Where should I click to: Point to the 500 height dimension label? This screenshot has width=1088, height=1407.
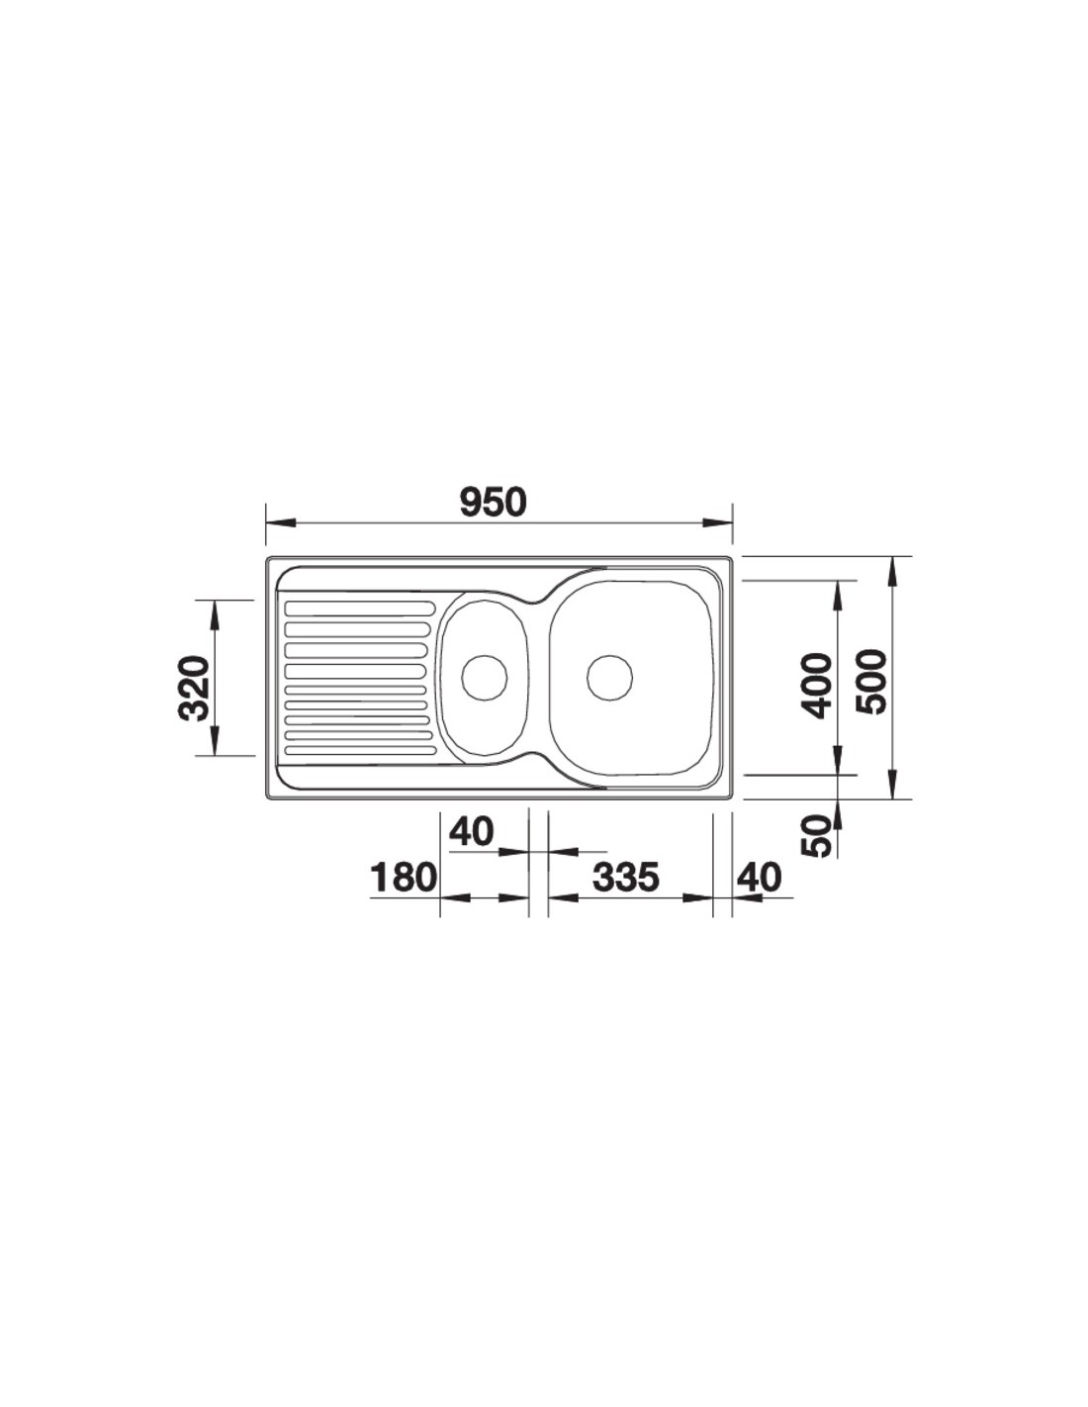pyautogui.click(x=868, y=682)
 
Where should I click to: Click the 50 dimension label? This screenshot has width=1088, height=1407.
pyautogui.click(x=815, y=836)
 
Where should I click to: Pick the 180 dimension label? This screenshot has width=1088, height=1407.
pyautogui.click(x=404, y=878)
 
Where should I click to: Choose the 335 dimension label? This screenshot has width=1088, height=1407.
pyautogui.click(x=625, y=878)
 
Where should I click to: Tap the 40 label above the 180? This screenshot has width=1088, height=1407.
pyautogui.click(x=471, y=831)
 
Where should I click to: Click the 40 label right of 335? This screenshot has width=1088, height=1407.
pyautogui.click(x=760, y=878)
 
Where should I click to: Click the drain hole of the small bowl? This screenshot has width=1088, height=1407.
pyautogui.click(x=484, y=678)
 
